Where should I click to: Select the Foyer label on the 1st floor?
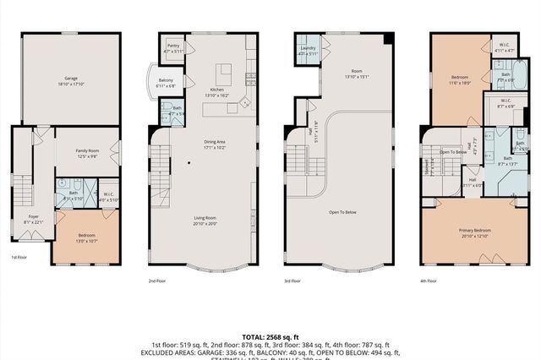click(x=33, y=219)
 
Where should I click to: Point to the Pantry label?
click(x=172, y=48)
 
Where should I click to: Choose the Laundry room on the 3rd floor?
click(x=307, y=51)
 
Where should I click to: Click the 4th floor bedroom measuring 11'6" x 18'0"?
click(x=459, y=79)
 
